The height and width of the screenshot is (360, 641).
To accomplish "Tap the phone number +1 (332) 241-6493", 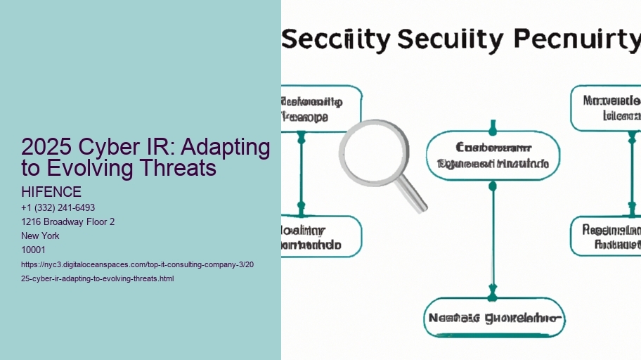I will click(58, 207).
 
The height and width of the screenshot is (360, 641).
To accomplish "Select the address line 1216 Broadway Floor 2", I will click(68, 221).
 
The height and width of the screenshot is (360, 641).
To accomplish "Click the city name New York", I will click(41, 236).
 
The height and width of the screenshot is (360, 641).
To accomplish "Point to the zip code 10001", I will click(33, 250).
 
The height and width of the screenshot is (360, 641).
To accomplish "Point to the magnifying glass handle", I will click(412, 195).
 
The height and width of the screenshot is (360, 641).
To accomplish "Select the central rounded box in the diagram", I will click(493, 156).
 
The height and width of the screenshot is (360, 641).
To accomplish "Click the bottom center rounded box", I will click(494, 318).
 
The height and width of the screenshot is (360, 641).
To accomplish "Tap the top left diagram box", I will click(320, 108).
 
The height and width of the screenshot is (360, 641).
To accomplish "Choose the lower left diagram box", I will click(320, 236).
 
